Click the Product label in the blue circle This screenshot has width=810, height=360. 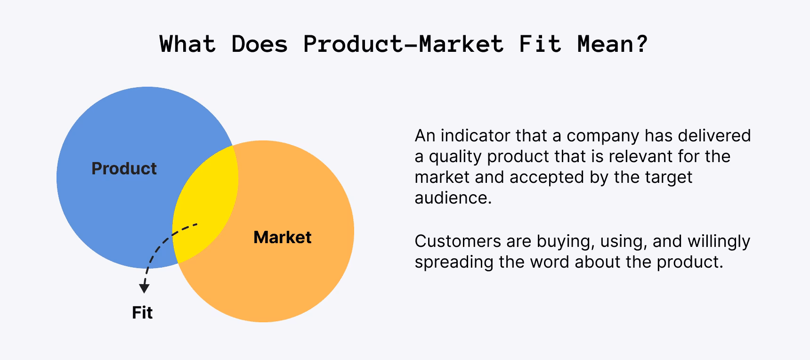[124, 169]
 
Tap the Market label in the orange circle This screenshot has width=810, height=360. [283, 237]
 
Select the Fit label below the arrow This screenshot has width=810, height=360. [142, 313]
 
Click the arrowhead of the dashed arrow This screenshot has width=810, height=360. [145, 288]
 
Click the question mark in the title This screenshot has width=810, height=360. [641, 44]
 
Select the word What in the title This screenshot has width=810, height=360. [188, 44]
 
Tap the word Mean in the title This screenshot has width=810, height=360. [605, 44]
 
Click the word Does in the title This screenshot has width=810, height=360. [259, 44]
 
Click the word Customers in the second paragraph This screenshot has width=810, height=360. [458, 241]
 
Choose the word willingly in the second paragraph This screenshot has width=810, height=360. [719, 241]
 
